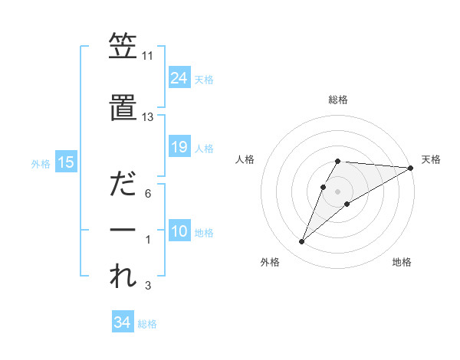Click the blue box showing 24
coord(179,77)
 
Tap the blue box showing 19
coord(179,147)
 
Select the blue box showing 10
coord(179,231)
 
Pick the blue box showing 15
coord(66,162)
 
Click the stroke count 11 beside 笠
coord(148,57)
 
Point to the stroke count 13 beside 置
coord(148,117)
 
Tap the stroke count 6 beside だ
coord(148,194)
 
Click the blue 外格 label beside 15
coord(41,163)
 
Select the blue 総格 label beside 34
coord(147,324)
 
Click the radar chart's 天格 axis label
coord(431,159)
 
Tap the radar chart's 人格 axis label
coord(245,159)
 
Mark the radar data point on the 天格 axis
coord(410,167)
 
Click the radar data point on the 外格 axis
coord(301,242)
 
